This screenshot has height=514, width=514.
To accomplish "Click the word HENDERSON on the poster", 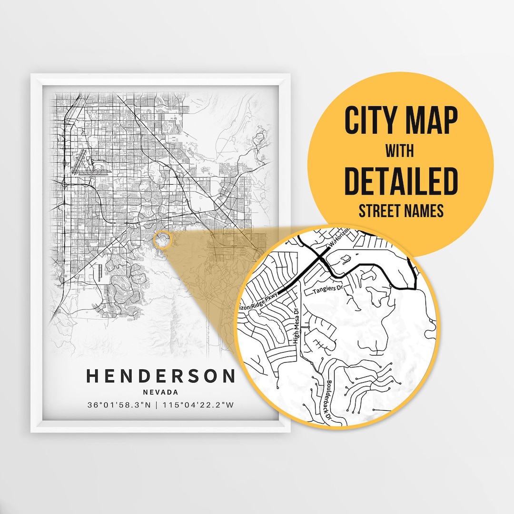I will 160,376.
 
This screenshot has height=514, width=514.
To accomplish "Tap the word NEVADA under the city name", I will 160,393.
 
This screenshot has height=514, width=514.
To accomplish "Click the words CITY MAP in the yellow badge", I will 401,121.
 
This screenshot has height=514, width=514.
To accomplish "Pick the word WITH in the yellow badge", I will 400,151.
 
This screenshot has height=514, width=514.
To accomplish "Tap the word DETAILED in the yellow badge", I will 401,181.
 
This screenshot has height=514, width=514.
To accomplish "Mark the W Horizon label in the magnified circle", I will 339,238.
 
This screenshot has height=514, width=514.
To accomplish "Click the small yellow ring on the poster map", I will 163,239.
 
